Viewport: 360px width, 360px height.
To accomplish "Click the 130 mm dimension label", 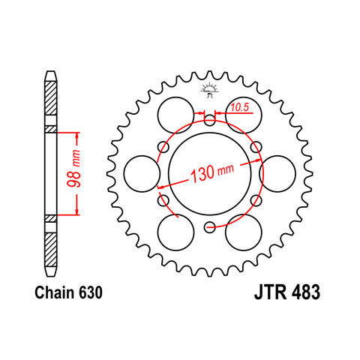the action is pos(212,172).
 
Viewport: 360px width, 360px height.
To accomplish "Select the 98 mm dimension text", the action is pos(74,169).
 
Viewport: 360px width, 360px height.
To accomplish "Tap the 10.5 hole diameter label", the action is pos(240,107).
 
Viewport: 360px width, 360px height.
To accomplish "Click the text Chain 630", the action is pos(68,292).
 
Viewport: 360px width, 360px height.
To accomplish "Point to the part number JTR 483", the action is pos(287,292).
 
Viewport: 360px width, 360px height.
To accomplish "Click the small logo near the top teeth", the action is pos(209,91).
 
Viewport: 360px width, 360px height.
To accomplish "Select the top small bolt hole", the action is pos(209,120).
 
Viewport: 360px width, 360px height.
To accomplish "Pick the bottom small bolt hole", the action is pos(209,227).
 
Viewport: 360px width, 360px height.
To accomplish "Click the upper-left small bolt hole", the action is pos(163,147).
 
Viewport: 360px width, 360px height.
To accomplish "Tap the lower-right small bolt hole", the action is pos(256,200).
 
